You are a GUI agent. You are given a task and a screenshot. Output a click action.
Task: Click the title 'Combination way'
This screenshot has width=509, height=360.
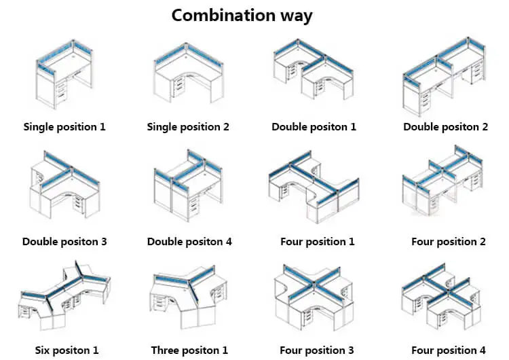coord(242,15)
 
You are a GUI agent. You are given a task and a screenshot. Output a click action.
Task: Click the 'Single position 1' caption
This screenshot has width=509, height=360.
coord(64,126)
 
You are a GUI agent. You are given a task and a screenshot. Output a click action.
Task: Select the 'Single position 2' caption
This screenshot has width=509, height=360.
coord(188,126)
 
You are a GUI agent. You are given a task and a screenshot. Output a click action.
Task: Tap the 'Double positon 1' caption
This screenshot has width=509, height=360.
coord(314,126)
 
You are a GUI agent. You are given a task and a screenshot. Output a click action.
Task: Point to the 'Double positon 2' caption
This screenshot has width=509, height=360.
coord(445,126)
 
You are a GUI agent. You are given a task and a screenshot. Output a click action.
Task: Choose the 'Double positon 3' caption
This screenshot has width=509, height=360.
coord(64,241)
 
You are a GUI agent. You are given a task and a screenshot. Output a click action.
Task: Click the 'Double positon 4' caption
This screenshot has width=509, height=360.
coord(189,241)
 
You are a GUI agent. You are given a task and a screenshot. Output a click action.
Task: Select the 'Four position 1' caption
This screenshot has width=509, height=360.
coord(317,241)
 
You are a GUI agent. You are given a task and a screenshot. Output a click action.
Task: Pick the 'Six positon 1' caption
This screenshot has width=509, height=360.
coord(67,350)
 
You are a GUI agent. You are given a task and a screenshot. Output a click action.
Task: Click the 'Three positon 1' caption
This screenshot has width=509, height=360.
coord(189,350)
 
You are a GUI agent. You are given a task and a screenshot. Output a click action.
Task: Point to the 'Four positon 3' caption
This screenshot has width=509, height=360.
coord(317,350)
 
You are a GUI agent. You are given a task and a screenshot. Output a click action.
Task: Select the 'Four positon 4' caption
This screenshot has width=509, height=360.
coord(449,350)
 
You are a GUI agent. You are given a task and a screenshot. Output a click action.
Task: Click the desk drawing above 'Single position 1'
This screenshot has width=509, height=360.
coord(64,76)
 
